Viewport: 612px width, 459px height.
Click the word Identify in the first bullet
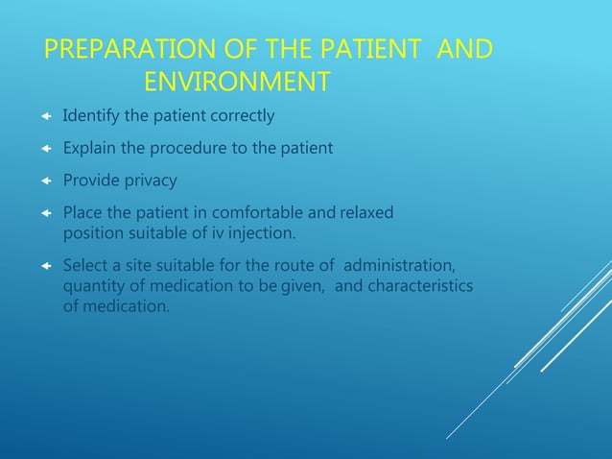[x=90, y=116]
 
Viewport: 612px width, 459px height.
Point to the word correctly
[x=241, y=116]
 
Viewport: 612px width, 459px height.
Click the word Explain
[x=89, y=149]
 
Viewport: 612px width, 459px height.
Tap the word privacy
[x=150, y=181]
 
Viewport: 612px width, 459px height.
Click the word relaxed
[x=365, y=212]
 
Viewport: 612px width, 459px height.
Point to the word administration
[x=399, y=264]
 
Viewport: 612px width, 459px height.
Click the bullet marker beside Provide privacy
[x=45, y=181]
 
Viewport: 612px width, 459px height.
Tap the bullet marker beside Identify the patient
[x=45, y=117]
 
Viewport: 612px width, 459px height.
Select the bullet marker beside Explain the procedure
[x=45, y=149]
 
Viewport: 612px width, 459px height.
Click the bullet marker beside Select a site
[x=45, y=265]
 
